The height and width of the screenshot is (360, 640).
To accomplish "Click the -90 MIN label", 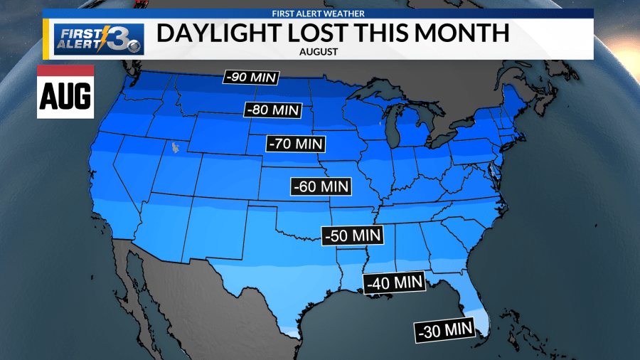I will click(251, 78).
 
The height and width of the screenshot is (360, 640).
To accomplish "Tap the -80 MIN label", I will click(273, 110).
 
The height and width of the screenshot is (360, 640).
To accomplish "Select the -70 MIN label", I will click(296, 143).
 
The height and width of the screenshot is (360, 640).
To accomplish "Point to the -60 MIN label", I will click(322, 186).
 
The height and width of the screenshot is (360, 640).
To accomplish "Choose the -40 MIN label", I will click(393, 282).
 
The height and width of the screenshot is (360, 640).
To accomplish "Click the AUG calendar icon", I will click(65, 92).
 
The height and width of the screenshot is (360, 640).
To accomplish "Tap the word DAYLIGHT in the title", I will click(224, 33).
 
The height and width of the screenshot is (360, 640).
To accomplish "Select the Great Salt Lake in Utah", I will click(173, 148).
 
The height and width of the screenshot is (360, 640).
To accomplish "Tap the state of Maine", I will click(523, 95).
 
